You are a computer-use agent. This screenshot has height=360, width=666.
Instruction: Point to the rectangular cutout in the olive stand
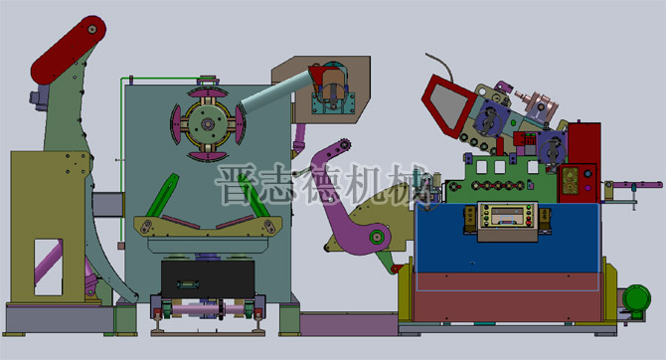click(x=45, y=257)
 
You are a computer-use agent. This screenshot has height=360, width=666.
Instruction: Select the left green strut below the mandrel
click(x=160, y=198)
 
